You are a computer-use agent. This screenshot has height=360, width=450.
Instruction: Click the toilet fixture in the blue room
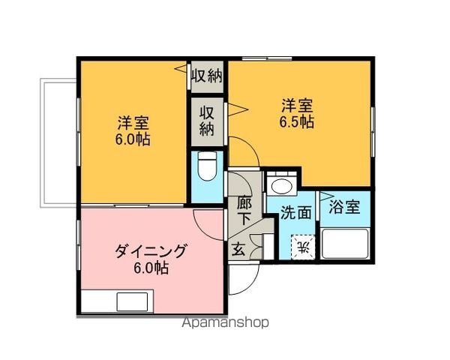tap(207, 166)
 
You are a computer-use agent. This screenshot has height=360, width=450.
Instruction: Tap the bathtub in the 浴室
tap(345, 244)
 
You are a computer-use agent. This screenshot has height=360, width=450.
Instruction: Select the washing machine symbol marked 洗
tap(303, 247)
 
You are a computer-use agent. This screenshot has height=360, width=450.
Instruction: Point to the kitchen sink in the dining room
tap(132, 301)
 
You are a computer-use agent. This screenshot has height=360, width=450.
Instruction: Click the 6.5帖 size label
tap(297, 122)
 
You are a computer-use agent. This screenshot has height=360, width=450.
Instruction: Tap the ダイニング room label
tap(151, 251)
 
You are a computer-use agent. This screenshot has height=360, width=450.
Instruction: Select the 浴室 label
tap(344, 207)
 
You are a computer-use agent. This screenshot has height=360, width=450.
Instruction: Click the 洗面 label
tap(296, 213)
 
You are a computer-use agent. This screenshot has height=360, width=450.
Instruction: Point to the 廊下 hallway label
tap(244, 211)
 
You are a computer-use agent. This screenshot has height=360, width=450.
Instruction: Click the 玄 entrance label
tap(238, 249)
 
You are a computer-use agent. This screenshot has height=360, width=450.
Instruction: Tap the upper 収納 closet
tap(207, 76)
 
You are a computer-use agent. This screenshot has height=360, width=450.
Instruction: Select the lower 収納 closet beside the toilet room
tap(207, 121)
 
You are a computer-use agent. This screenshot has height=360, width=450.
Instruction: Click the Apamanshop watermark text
tap(226, 322)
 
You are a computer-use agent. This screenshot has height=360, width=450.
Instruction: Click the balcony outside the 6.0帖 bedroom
tap(58, 142)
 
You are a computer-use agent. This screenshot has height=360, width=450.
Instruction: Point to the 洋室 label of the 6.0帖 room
tap(133, 123)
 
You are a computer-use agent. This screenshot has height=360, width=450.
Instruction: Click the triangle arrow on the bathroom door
tap(325, 196)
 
